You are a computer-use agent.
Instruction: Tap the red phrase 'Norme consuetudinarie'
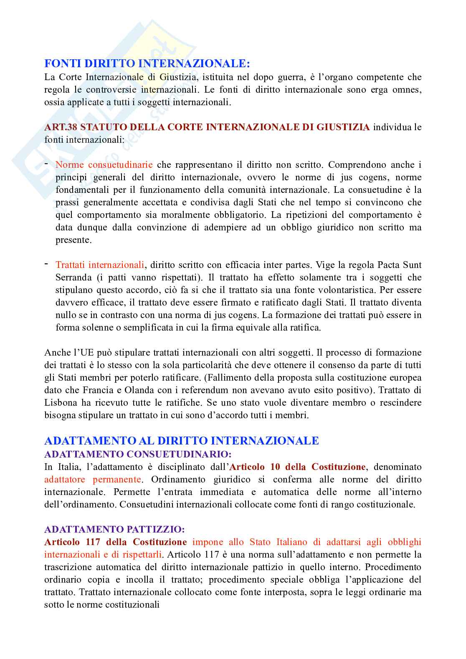pyautogui.click(x=104, y=164)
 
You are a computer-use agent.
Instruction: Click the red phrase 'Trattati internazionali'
pyautogui.click(x=100, y=265)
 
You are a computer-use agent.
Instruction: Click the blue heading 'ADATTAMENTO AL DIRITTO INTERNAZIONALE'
pyautogui.click(x=182, y=440)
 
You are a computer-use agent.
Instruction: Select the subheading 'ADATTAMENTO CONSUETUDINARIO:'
pyautogui.click(x=138, y=454)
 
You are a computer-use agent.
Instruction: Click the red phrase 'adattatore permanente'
pyautogui.click(x=92, y=479)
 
